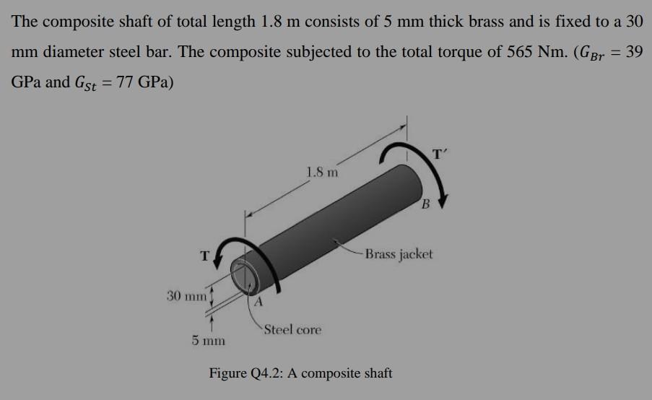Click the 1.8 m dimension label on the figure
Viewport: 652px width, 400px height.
321,173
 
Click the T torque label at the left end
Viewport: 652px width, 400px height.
205,255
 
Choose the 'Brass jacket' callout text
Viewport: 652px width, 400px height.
399,254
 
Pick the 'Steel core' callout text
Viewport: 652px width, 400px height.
292,330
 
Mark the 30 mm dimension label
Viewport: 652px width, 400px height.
186,296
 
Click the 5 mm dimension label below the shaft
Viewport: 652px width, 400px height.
209,340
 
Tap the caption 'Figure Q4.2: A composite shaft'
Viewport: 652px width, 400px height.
300,373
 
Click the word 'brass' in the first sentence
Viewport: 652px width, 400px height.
442,22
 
